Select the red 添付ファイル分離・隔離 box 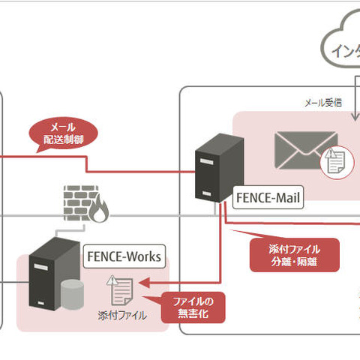(294, 255)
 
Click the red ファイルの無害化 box (194, 307)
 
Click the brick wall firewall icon (80, 204)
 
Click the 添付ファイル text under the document (122, 316)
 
